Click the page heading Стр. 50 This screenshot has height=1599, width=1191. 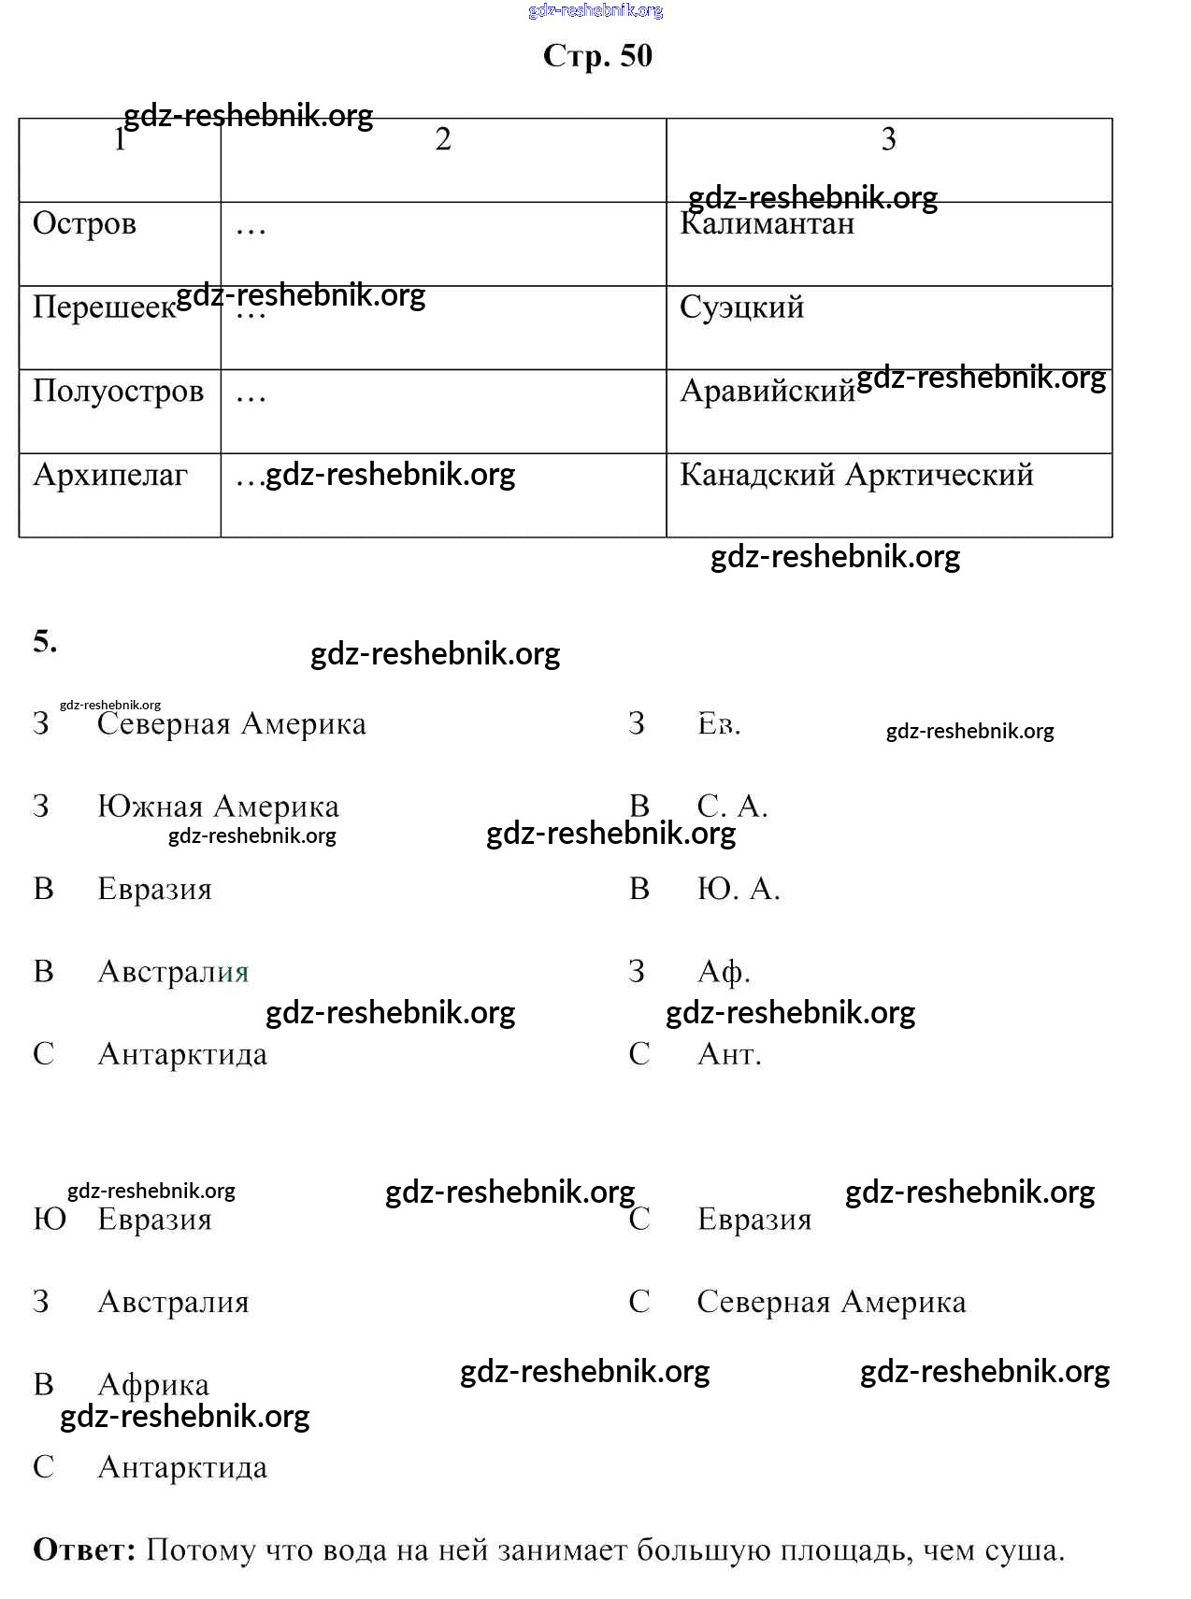point(597,56)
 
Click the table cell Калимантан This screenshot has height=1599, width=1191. point(767,224)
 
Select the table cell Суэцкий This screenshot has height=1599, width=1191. point(741,307)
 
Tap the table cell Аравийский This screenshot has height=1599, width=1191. point(768,391)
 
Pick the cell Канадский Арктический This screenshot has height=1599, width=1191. point(856,475)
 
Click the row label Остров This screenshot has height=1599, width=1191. point(84,224)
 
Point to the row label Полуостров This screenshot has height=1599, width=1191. point(118,391)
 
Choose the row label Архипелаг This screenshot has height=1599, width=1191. point(110,475)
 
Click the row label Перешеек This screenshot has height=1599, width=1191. point(104,307)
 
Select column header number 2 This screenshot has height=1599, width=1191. point(443,139)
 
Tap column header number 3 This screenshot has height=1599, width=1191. point(888,139)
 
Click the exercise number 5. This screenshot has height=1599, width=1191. point(45,641)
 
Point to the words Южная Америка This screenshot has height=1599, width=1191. point(218,807)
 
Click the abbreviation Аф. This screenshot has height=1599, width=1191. point(724,972)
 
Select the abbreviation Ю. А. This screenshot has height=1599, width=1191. point(738,889)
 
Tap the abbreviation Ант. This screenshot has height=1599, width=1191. point(729,1054)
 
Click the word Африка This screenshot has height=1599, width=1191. point(153,1385)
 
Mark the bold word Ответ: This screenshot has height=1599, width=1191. point(84,1550)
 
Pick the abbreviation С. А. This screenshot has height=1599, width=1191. point(732,807)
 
